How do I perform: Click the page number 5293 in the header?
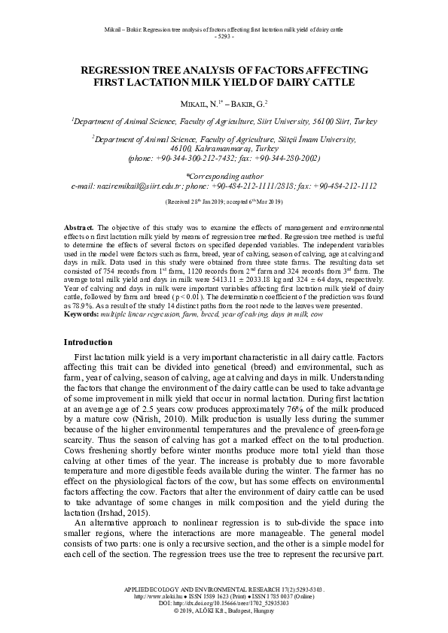pos(224,36)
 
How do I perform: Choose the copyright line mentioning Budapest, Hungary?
pos(224,610)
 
